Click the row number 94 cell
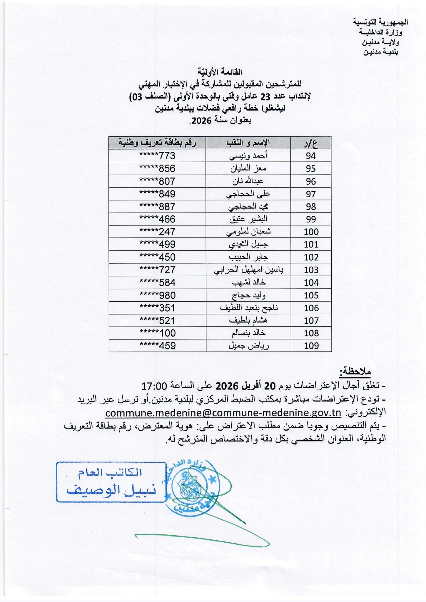pyautogui.click(x=311, y=156)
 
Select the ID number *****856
pyautogui.click(x=157, y=168)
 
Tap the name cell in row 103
pyautogui.click(x=248, y=270)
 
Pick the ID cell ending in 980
pyautogui.click(x=157, y=295)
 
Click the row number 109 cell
pyautogui.click(x=311, y=346)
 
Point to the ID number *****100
pyautogui.click(x=157, y=333)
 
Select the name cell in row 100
pyautogui.click(x=248, y=232)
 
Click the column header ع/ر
pyautogui.click(x=311, y=143)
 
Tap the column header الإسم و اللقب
pyautogui.click(x=248, y=143)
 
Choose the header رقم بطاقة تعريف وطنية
pyautogui.click(x=157, y=143)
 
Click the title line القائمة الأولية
pyautogui.click(x=220, y=72)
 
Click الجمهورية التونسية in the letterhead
pyautogui.click(x=380, y=22)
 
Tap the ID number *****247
pyautogui.click(x=157, y=232)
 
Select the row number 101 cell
pyautogui.click(x=311, y=245)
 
